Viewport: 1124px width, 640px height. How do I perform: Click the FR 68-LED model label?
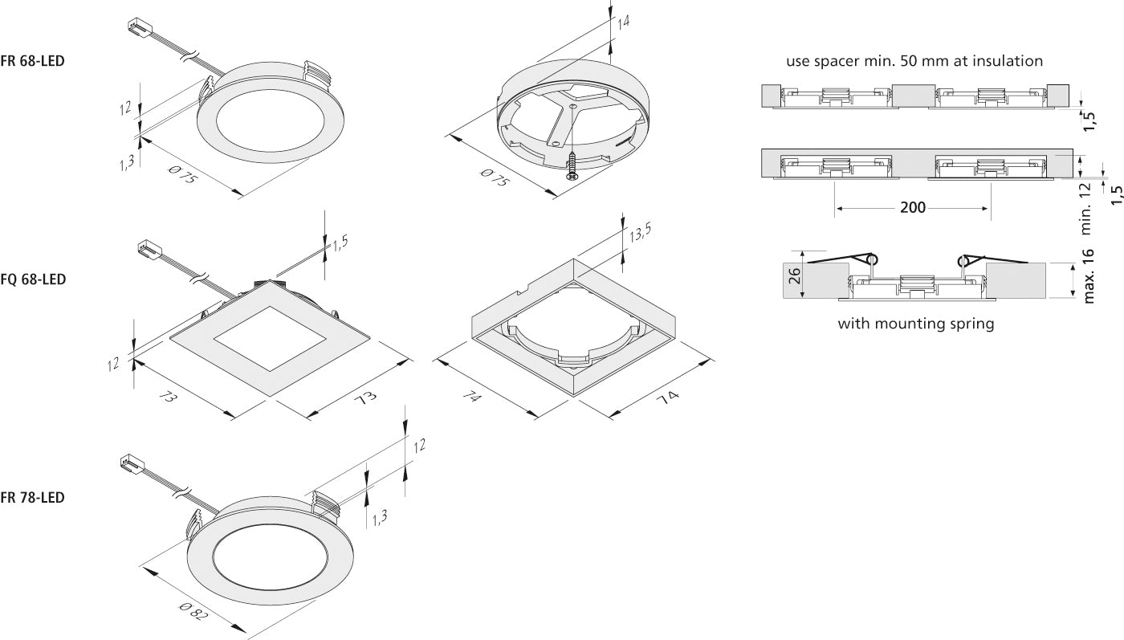pyautogui.click(x=33, y=61)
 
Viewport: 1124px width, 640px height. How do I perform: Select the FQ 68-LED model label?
pyautogui.click(x=33, y=279)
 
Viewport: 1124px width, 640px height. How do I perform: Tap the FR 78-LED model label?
pyautogui.click(x=33, y=498)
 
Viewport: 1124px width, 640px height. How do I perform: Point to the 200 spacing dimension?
pyautogui.click(x=912, y=208)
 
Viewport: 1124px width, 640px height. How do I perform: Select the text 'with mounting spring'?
pyautogui.click(x=916, y=324)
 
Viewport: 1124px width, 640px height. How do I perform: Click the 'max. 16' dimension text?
pyautogui.click(x=1089, y=276)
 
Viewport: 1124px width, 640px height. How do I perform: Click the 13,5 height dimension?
pyautogui.click(x=640, y=234)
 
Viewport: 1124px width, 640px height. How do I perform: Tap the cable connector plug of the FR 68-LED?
pyautogui.click(x=138, y=28)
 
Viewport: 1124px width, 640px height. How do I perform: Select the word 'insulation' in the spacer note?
pyautogui.click(x=1006, y=60)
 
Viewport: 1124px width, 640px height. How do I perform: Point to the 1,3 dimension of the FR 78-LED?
pyautogui.click(x=381, y=516)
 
